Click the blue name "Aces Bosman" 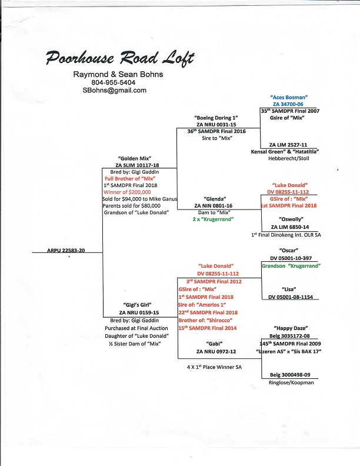coord(289,96)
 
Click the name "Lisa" coord(288,289)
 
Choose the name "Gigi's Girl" coord(134,305)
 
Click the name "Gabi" coord(214,342)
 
